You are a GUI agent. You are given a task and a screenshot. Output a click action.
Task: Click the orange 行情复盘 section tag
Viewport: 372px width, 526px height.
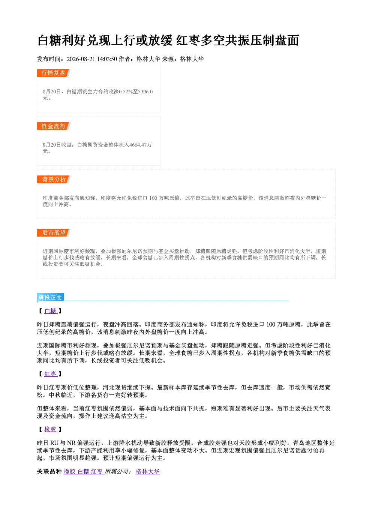click(54, 73)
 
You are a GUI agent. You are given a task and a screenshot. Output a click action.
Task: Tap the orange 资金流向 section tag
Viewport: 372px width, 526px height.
click(54, 126)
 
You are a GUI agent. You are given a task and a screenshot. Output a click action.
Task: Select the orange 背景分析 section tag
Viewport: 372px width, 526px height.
click(54, 180)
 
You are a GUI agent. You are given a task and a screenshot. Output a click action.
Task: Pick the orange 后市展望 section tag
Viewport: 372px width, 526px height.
click(54, 233)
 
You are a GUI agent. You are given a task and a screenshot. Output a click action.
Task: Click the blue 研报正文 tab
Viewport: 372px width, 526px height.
click(50, 298)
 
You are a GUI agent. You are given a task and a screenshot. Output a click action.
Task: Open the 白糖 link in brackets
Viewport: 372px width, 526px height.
click(50, 311)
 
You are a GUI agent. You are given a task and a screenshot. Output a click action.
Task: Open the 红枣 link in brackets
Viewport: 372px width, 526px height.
click(50, 374)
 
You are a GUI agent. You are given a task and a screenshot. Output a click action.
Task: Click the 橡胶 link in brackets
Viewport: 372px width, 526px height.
click(50, 430)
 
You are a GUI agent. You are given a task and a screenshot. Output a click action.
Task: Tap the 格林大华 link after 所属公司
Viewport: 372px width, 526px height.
click(148, 472)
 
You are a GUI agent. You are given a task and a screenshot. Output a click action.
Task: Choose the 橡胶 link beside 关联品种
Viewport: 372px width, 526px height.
click(69, 472)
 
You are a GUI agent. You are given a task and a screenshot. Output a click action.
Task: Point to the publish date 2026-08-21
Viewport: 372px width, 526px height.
click(81, 59)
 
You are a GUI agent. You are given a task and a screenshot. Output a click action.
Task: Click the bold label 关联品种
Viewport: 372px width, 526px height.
click(49, 472)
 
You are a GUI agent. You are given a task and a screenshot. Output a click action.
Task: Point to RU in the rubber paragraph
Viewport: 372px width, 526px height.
click(54, 443)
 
